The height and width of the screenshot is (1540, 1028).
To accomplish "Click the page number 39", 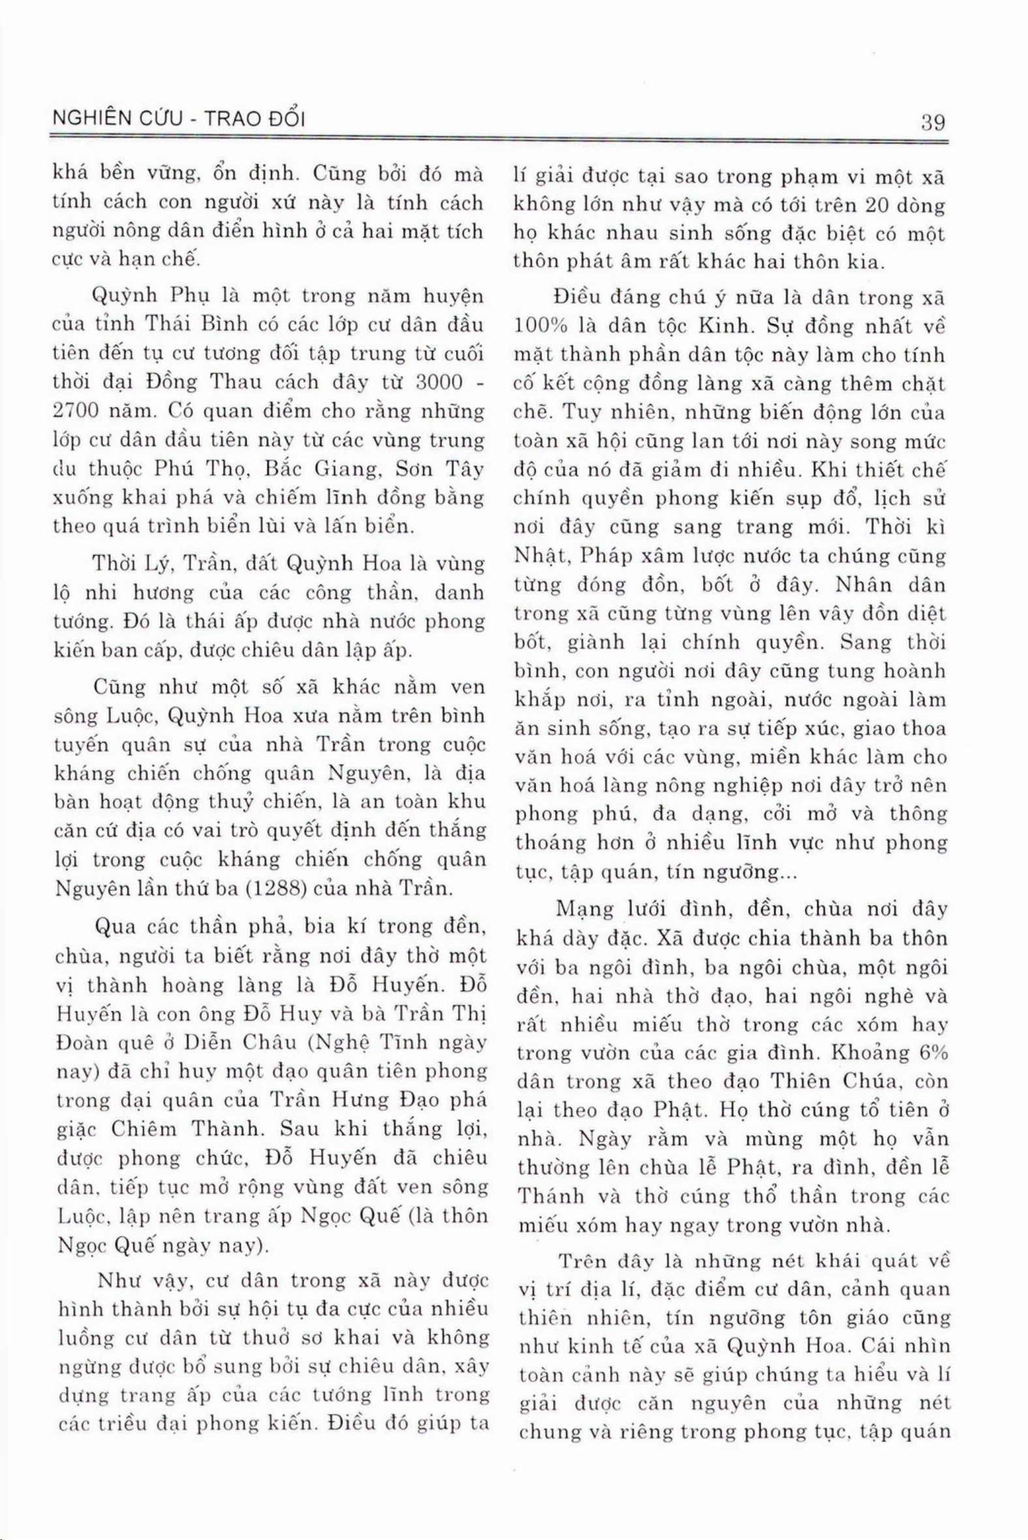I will (932, 123).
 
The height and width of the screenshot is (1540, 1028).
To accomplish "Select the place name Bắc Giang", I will (311, 469).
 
